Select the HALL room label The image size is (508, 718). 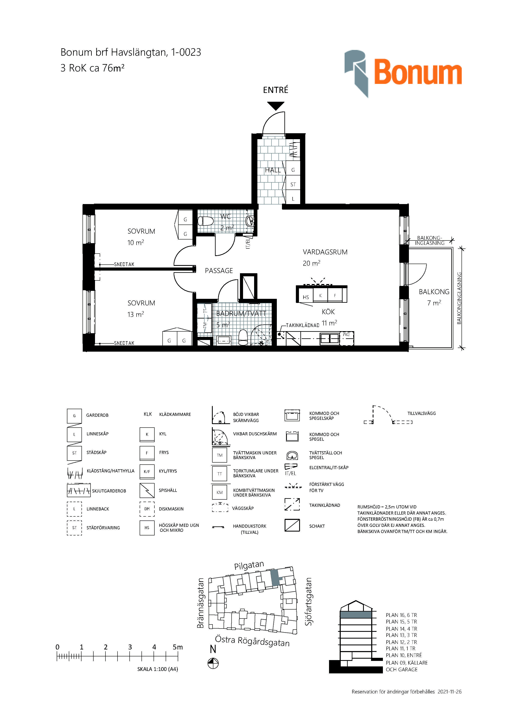(x=273, y=170)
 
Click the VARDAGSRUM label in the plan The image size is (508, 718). (x=325, y=252)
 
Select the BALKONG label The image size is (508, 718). (x=434, y=292)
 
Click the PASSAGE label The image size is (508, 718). (x=219, y=271)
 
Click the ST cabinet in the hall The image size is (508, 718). (x=293, y=184)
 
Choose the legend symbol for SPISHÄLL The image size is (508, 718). (x=147, y=490)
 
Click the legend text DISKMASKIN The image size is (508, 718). (x=171, y=509)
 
